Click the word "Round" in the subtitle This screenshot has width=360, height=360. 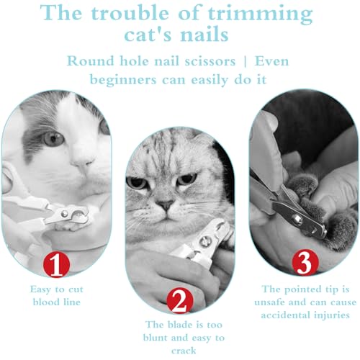91,60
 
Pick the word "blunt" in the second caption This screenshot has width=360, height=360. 162,338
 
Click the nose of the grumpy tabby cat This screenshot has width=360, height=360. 166,204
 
